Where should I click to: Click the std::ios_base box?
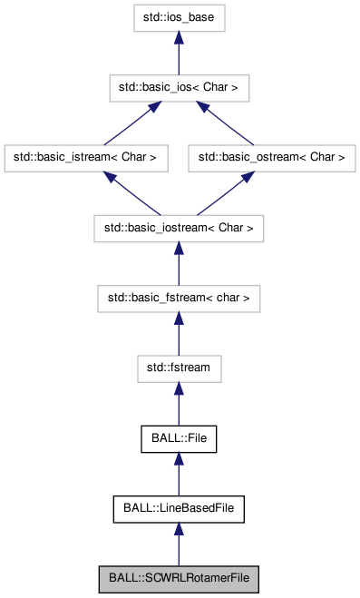coord(178,17)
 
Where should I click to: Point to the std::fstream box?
coord(178,367)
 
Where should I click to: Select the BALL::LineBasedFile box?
coord(178,507)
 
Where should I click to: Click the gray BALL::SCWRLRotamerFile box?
coord(178,577)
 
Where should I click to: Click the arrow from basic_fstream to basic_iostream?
coord(178,262)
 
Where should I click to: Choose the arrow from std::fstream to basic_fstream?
coord(178,332)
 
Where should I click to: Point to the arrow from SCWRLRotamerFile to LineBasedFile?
coord(178,543)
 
